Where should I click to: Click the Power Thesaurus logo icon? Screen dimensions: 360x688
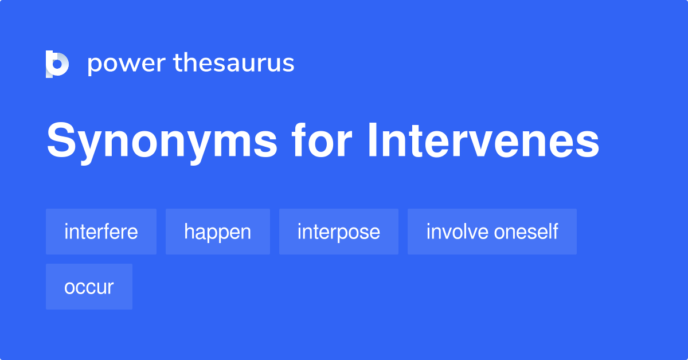click(x=57, y=64)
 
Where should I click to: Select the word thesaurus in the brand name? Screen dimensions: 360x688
click(x=234, y=63)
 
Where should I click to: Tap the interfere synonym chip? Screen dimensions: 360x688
click(x=101, y=232)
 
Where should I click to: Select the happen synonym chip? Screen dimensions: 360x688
click(x=217, y=232)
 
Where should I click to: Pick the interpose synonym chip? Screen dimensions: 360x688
click(x=338, y=232)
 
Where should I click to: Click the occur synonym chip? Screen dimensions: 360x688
click(x=89, y=287)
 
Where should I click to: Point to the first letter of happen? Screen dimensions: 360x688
click(x=188, y=232)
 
